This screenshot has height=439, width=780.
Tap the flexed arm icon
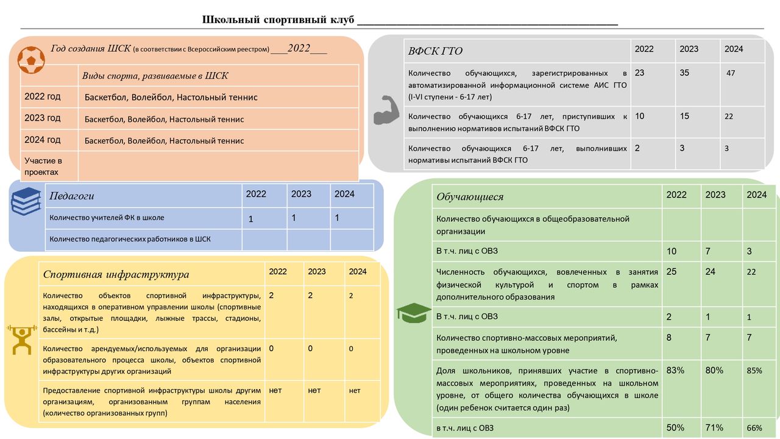[385, 110]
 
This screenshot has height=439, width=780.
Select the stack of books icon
[26, 201]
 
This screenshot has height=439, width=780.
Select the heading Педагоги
[72, 196]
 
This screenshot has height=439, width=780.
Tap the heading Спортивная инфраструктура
[116, 274]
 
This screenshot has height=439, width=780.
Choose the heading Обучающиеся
[470, 196]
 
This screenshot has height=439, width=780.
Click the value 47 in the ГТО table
[731, 73]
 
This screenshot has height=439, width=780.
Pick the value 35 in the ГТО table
[684, 73]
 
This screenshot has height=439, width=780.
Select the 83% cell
[675, 370]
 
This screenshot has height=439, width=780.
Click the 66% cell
[754, 428]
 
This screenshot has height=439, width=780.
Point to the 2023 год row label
[43, 118]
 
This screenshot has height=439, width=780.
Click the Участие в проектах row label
[43, 166]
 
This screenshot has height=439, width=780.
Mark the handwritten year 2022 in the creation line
[299, 49]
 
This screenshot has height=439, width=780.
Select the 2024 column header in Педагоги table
[344, 194]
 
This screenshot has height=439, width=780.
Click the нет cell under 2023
[314, 390]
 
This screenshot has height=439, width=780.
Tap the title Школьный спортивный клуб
[278, 20]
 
